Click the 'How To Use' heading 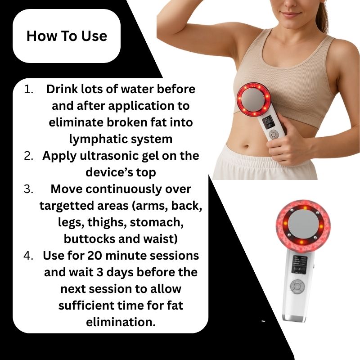(67, 36)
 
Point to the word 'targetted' (63, 205)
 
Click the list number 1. (29, 89)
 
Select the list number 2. (29, 156)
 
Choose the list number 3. (29, 189)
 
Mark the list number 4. (29, 256)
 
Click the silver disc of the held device (253, 97)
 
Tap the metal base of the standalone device (294, 318)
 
